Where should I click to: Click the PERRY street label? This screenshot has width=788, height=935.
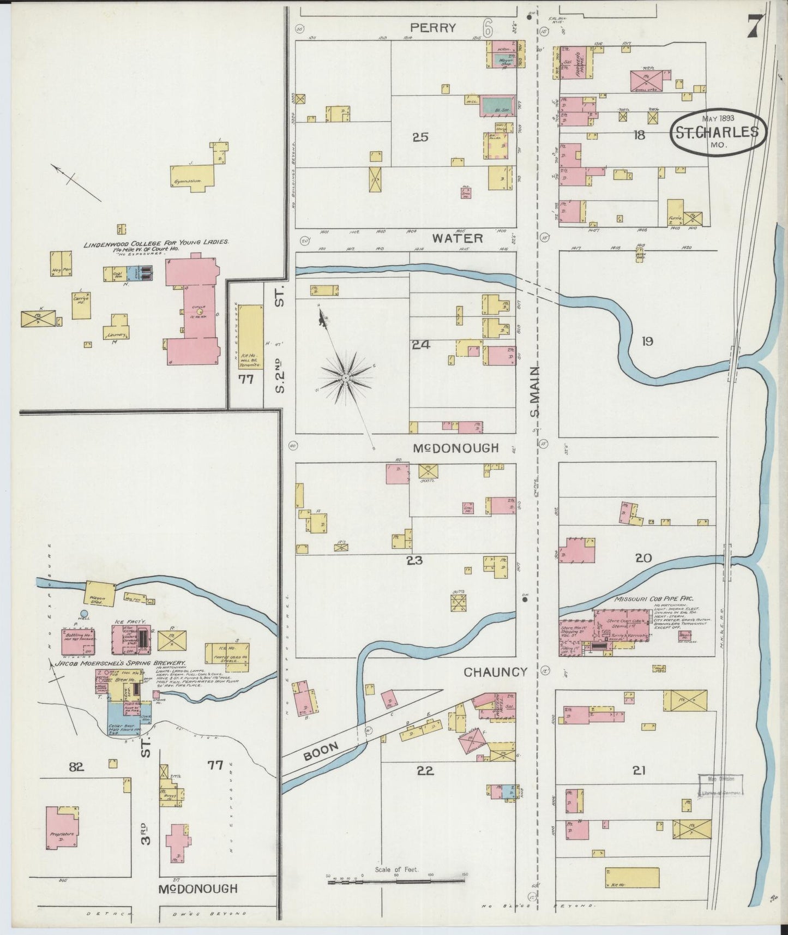434,28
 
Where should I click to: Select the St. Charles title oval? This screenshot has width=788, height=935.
718,131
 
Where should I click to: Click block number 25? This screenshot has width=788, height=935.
420,137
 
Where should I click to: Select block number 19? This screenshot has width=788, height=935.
647,341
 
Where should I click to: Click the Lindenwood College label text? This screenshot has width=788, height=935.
156,244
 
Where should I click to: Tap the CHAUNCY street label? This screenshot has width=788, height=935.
495,672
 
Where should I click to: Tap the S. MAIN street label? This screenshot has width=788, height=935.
536,391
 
